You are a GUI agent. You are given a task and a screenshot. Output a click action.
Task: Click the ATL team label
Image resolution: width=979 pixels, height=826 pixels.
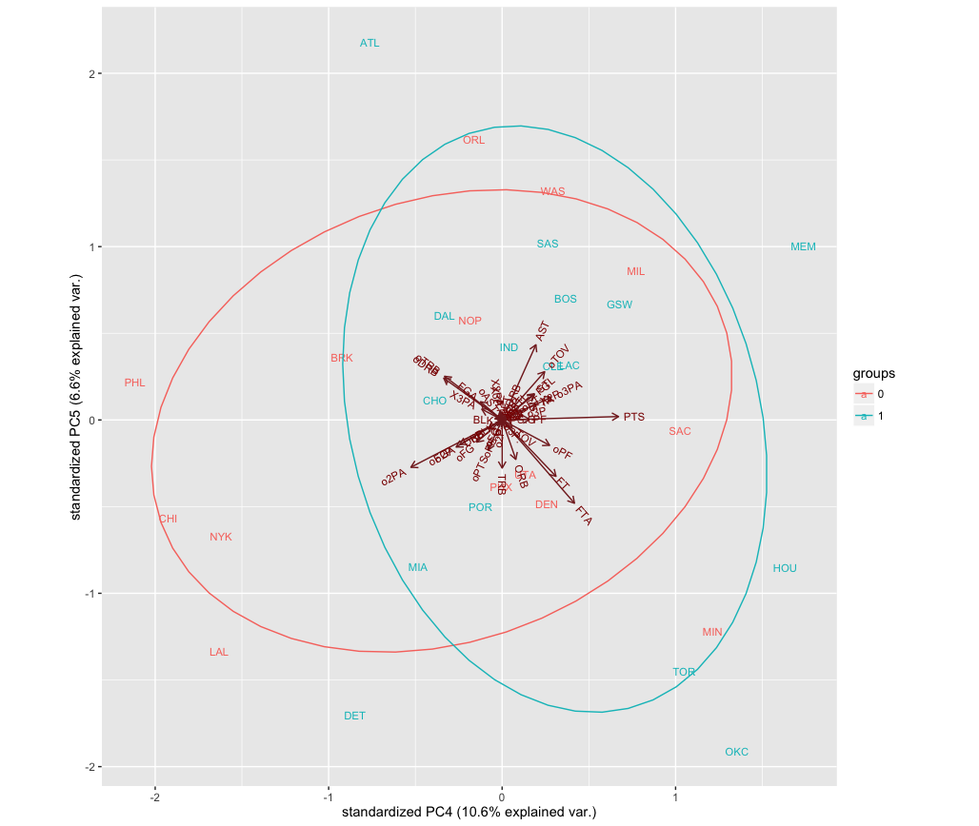pos(370,43)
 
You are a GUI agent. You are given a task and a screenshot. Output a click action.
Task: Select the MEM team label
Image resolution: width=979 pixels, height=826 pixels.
pos(803,246)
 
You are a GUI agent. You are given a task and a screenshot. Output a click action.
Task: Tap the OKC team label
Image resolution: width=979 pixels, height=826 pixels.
pos(736,752)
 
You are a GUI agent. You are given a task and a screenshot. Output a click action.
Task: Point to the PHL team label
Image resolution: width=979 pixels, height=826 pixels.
pos(134,383)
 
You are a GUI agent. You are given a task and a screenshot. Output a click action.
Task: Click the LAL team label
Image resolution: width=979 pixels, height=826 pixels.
pos(219,652)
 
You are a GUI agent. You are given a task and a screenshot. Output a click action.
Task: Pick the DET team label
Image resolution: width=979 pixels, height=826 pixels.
pos(354,716)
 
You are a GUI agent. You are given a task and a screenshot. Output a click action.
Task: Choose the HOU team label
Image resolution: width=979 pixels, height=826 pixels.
pos(785,568)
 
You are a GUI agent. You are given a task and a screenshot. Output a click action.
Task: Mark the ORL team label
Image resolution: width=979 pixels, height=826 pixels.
pos(473,140)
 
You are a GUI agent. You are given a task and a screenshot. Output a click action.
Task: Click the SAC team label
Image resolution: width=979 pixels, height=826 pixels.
pos(679,431)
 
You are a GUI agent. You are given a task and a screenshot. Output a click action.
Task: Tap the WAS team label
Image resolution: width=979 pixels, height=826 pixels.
pos(552,191)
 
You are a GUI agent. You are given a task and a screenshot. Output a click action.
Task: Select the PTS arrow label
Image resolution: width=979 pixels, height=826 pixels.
pos(634,417)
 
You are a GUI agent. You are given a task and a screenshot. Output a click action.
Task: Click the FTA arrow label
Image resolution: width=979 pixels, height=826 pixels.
pos(584,516)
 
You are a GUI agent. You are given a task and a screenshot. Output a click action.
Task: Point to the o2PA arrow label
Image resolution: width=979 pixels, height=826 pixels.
pos(393,476)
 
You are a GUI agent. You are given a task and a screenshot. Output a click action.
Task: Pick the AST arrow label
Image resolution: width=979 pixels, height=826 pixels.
pos(543,331)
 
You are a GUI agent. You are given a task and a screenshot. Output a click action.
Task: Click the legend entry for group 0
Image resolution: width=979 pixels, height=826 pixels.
pos(878,394)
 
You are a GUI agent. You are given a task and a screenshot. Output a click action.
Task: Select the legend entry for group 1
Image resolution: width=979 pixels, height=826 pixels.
pos(878,416)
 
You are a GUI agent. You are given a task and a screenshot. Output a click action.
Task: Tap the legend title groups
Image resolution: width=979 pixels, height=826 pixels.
pos(873,373)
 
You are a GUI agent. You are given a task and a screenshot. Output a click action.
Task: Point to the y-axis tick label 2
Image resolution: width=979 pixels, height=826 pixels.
pos(87,73)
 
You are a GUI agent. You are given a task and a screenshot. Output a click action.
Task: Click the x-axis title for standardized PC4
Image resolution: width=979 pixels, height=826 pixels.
pos(469,813)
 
